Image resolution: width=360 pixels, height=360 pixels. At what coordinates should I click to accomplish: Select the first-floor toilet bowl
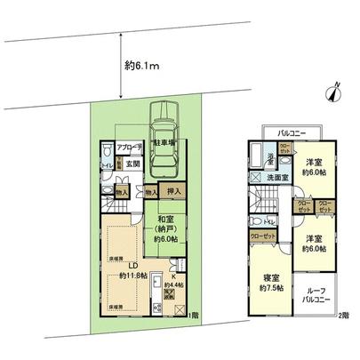coord(105,164)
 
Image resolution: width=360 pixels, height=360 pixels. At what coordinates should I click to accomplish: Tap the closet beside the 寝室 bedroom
coord(262,236)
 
